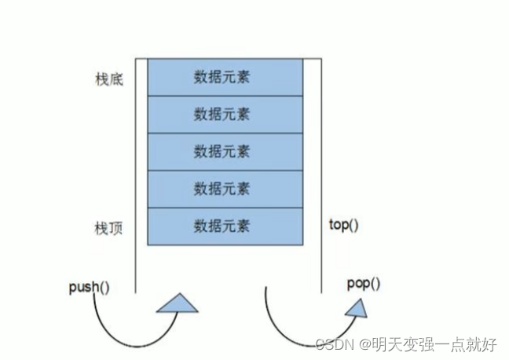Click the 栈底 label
pyautogui.click(x=107, y=80)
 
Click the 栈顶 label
pyautogui.click(x=107, y=230)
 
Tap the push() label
pyautogui.click(x=89, y=286)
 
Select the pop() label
pyautogui.click(x=363, y=283)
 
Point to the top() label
pyautogui.click(x=343, y=226)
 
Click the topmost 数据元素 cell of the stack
pyautogui.click(x=222, y=77)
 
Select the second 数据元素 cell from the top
pyautogui.click(x=222, y=115)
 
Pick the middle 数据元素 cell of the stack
pyautogui.click(x=222, y=152)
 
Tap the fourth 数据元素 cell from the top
pyautogui.click(x=222, y=189)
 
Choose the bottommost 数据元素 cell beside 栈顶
pyautogui.click(x=222, y=226)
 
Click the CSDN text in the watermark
pyautogui.click(x=335, y=344)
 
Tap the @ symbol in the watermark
pyautogui.click(x=365, y=344)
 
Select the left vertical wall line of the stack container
pyautogui.click(x=135, y=173)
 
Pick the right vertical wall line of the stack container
pyautogui.click(x=321, y=173)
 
